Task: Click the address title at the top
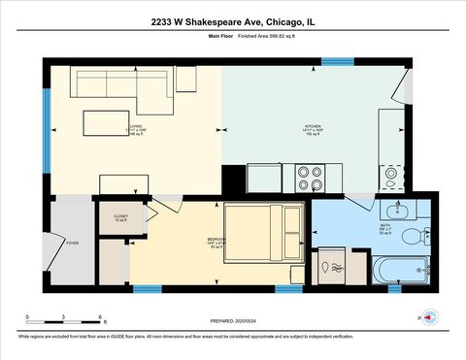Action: coord(233,20)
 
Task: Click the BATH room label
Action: coord(386,228)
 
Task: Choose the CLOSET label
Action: coord(120,218)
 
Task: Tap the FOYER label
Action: coord(71,244)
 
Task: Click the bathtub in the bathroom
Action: coord(400,269)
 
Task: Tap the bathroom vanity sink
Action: coord(398,211)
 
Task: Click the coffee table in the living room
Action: coord(103,123)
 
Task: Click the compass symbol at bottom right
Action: coord(428,317)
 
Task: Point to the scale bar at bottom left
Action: coord(64,318)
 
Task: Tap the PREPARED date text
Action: coord(233,321)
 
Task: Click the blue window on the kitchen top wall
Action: coord(337,62)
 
